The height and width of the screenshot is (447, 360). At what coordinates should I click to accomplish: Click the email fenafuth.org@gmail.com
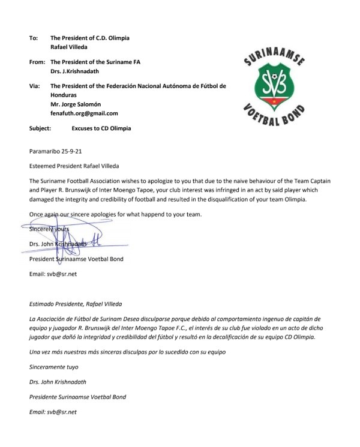click(x=84, y=113)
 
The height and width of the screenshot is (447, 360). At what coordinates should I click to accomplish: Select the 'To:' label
click(x=33, y=38)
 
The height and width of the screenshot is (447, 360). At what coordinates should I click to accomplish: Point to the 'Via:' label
click(x=34, y=86)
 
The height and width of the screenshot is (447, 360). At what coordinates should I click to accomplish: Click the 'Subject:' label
click(x=41, y=128)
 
